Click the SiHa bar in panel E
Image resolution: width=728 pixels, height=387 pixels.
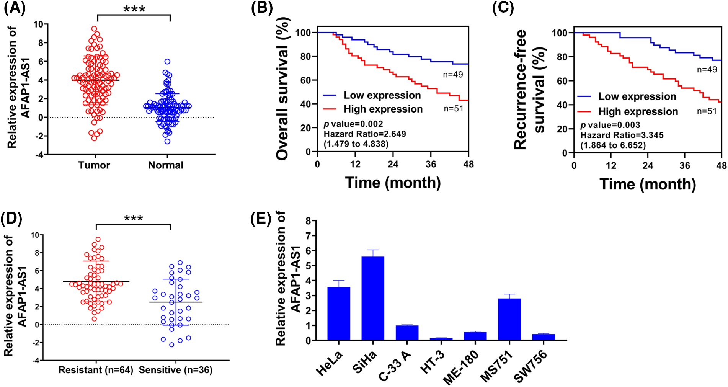[x=373, y=298]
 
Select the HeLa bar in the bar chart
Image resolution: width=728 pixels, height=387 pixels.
[x=339, y=314]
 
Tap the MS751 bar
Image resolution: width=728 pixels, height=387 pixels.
[x=509, y=319]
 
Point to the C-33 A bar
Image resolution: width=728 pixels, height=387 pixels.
[x=407, y=333]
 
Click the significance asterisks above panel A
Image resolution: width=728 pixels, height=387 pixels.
[x=134, y=9]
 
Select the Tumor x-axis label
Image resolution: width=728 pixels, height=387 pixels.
[x=94, y=165]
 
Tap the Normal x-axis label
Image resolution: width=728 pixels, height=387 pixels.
[x=166, y=165]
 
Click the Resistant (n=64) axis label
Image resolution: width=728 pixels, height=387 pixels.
[x=96, y=370]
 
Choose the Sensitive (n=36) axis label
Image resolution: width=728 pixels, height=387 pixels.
[x=176, y=370]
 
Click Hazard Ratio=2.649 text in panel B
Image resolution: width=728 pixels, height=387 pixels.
[x=365, y=134]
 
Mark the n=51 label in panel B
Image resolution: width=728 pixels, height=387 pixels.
[x=454, y=109]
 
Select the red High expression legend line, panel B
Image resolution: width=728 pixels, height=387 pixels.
[x=330, y=109]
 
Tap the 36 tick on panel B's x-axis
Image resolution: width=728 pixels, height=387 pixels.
[x=431, y=164]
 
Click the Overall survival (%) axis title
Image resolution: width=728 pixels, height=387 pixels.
[x=282, y=89]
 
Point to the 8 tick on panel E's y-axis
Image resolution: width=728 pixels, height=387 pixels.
[x=309, y=220]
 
